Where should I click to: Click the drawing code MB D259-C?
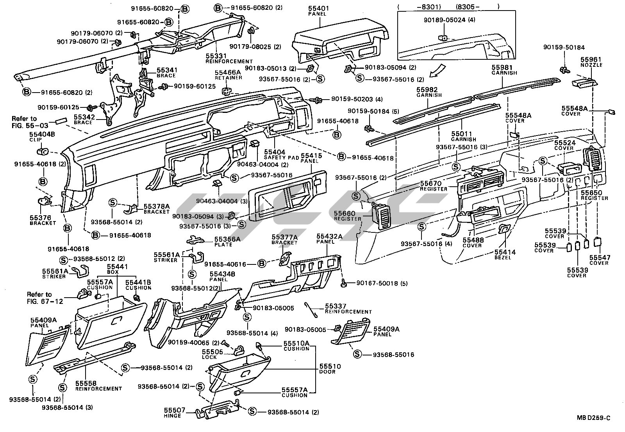pyautogui.click(x=593, y=418)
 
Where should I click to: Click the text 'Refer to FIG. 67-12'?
pyautogui.click(x=39, y=298)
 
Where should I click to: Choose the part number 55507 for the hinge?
pyautogui.click(x=174, y=410)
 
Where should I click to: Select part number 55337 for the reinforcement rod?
pyautogui.click(x=336, y=306)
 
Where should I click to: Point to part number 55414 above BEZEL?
pyautogui.click(x=505, y=252)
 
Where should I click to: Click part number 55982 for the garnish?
pyautogui.click(x=427, y=89)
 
